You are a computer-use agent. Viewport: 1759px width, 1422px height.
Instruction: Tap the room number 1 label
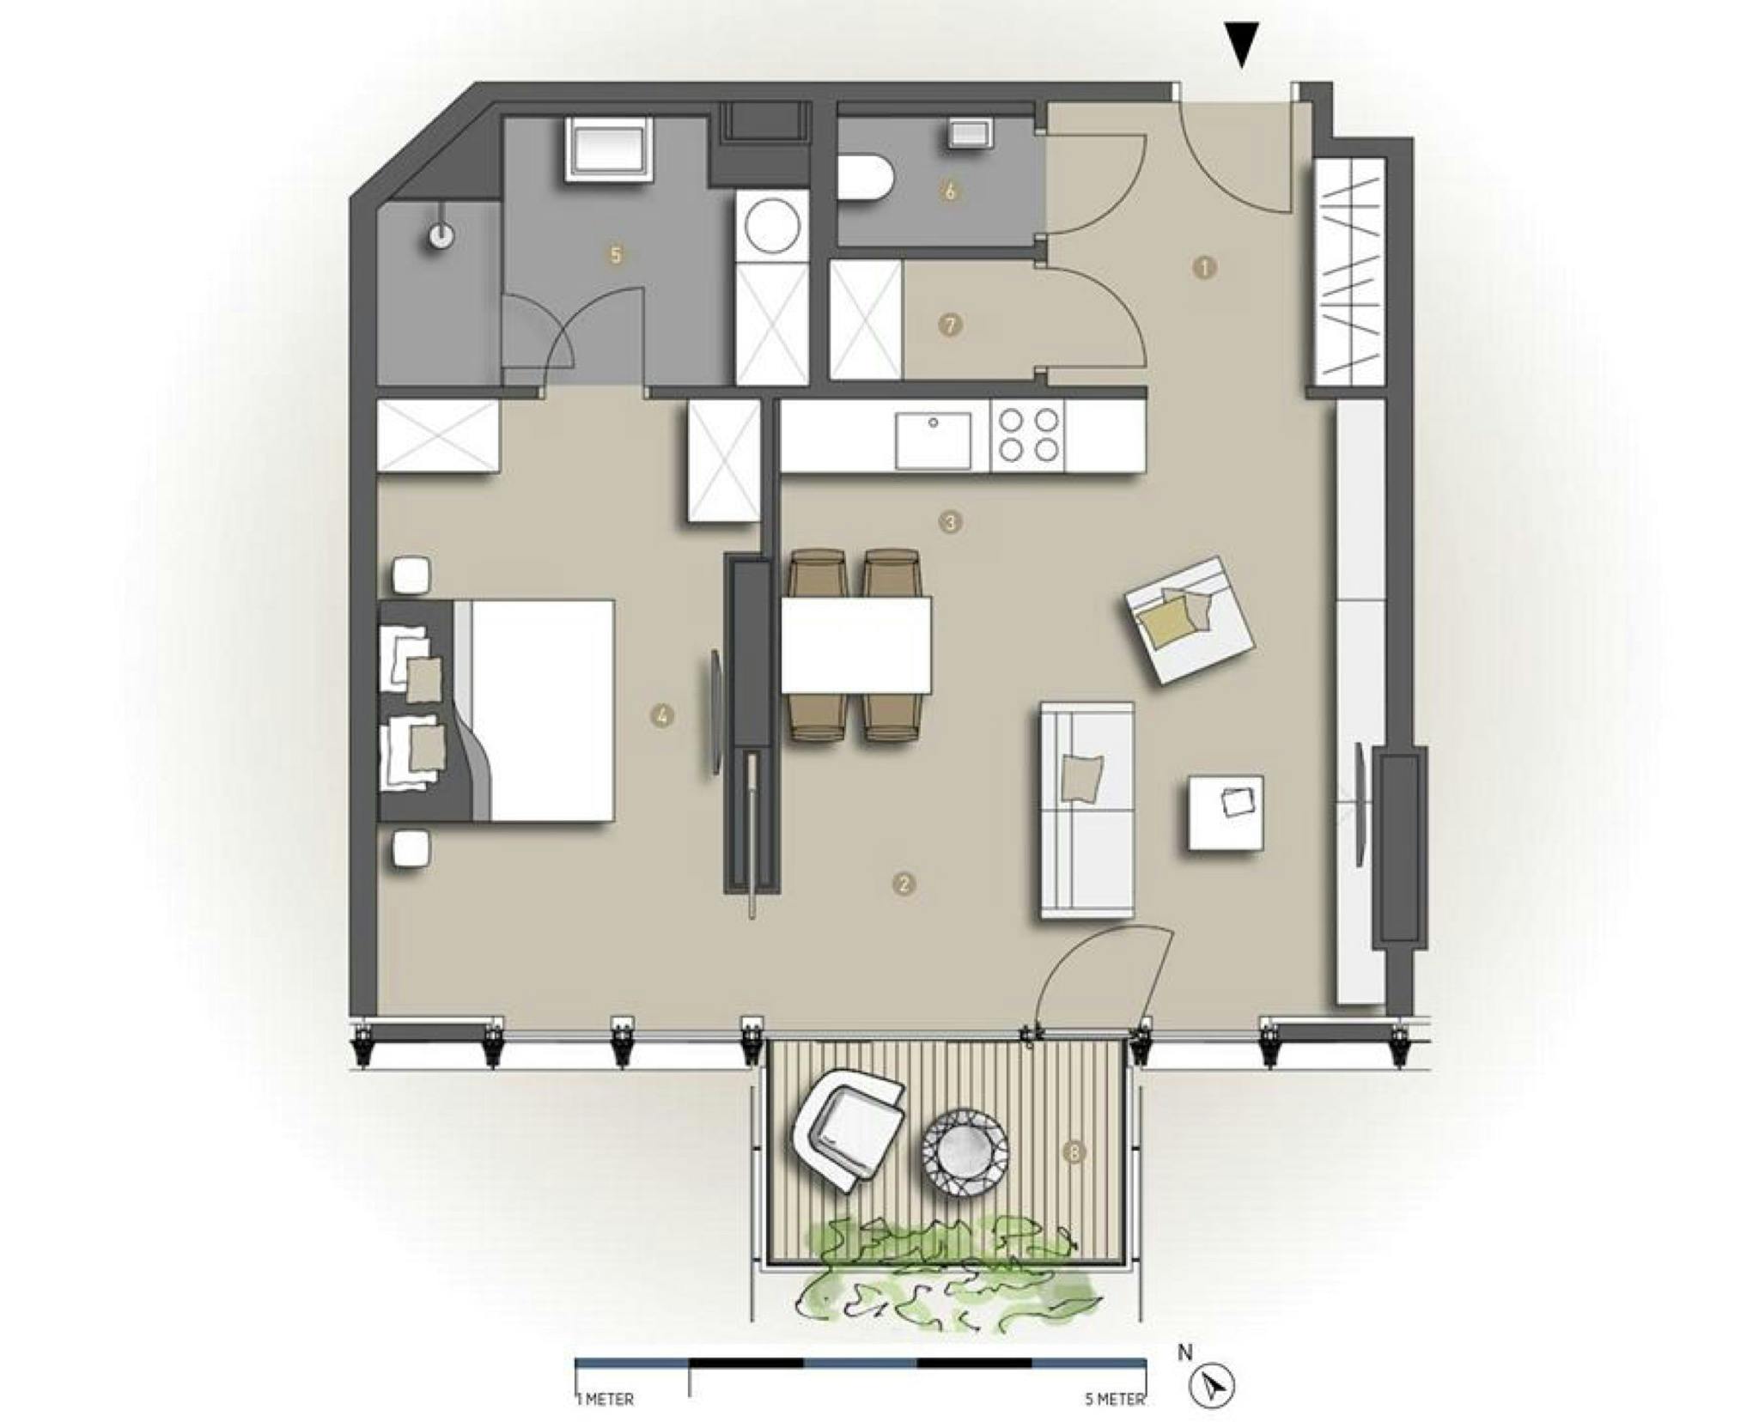pos(1204,268)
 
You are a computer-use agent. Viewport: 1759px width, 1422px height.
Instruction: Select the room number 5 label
pos(615,255)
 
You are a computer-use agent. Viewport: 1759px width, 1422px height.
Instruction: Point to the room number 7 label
pos(949,325)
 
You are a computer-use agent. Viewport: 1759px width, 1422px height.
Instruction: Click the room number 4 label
pos(661,714)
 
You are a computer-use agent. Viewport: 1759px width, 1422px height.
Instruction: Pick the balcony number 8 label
pos(1073,1152)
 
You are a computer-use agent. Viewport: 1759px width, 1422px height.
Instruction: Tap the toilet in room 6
pos(864,179)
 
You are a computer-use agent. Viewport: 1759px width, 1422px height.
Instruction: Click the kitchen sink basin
pos(933,441)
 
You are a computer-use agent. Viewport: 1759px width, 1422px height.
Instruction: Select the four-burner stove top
pos(1027,436)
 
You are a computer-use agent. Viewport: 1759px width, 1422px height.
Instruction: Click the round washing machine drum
pos(773,225)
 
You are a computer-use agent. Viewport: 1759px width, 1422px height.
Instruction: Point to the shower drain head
pos(442,235)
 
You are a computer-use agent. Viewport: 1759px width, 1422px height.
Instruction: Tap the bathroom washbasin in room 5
pos(607,150)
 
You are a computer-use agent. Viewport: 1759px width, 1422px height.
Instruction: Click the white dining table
pos(856,645)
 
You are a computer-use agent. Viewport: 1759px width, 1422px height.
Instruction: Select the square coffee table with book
pos(1226,812)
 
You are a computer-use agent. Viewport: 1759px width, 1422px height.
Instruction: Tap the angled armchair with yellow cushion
pos(1190,619)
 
